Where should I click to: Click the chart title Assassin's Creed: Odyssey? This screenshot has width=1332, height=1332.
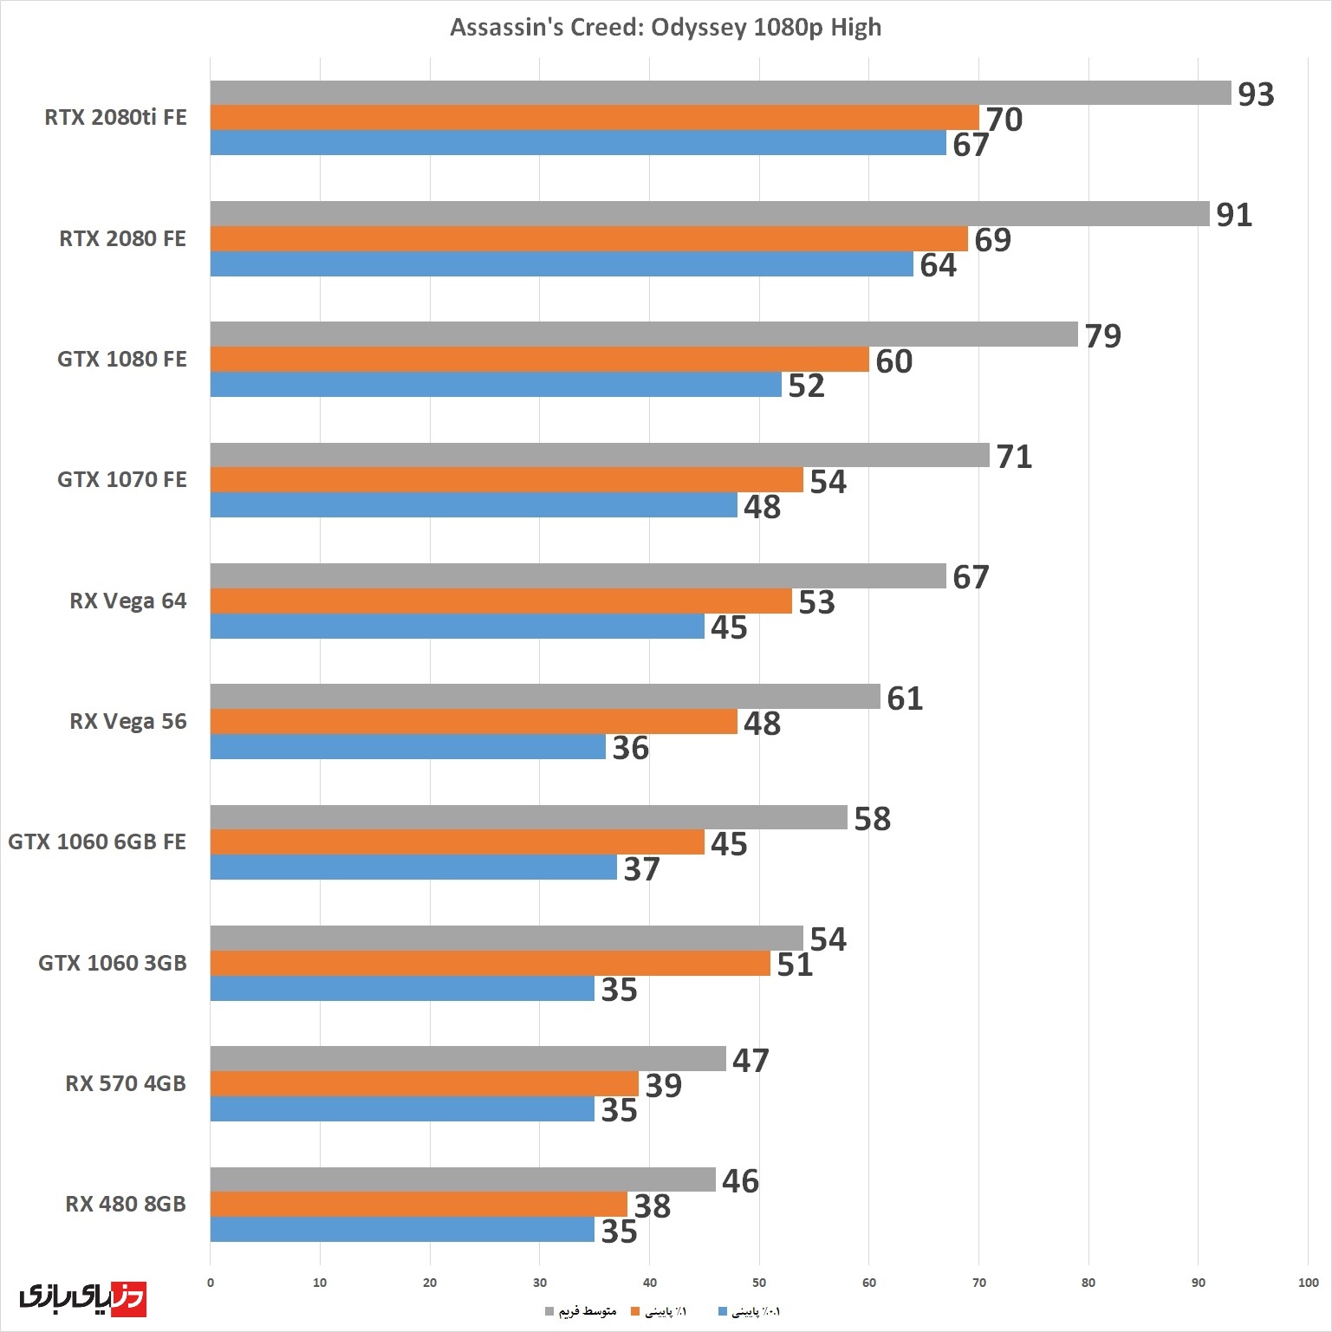666,27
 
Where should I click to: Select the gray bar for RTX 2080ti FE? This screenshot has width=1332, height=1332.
719,93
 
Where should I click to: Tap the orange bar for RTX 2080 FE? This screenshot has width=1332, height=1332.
588,239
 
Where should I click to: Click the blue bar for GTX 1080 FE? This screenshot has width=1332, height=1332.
496,385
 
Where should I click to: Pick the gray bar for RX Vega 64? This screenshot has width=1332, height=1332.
577,576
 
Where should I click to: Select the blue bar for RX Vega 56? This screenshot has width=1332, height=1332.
407,747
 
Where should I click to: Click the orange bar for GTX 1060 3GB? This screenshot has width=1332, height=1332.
490,964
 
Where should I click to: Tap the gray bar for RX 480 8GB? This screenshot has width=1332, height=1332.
462,1179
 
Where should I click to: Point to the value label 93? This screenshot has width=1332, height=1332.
1256,94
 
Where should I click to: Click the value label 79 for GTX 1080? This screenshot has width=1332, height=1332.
1102,336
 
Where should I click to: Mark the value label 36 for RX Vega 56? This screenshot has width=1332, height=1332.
630,748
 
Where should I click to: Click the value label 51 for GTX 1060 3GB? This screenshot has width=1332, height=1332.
795,965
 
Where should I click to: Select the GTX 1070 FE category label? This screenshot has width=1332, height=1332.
122,479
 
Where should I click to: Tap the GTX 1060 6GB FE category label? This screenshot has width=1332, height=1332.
97,841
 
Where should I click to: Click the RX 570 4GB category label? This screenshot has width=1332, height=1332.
126,1083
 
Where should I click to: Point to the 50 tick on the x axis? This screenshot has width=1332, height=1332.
759,1283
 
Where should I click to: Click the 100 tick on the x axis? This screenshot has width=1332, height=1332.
1308,1283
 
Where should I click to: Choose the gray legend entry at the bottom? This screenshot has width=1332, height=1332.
581,1311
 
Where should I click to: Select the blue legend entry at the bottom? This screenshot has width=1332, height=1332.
750,1311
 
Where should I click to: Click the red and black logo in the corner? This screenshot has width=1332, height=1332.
82,1297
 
